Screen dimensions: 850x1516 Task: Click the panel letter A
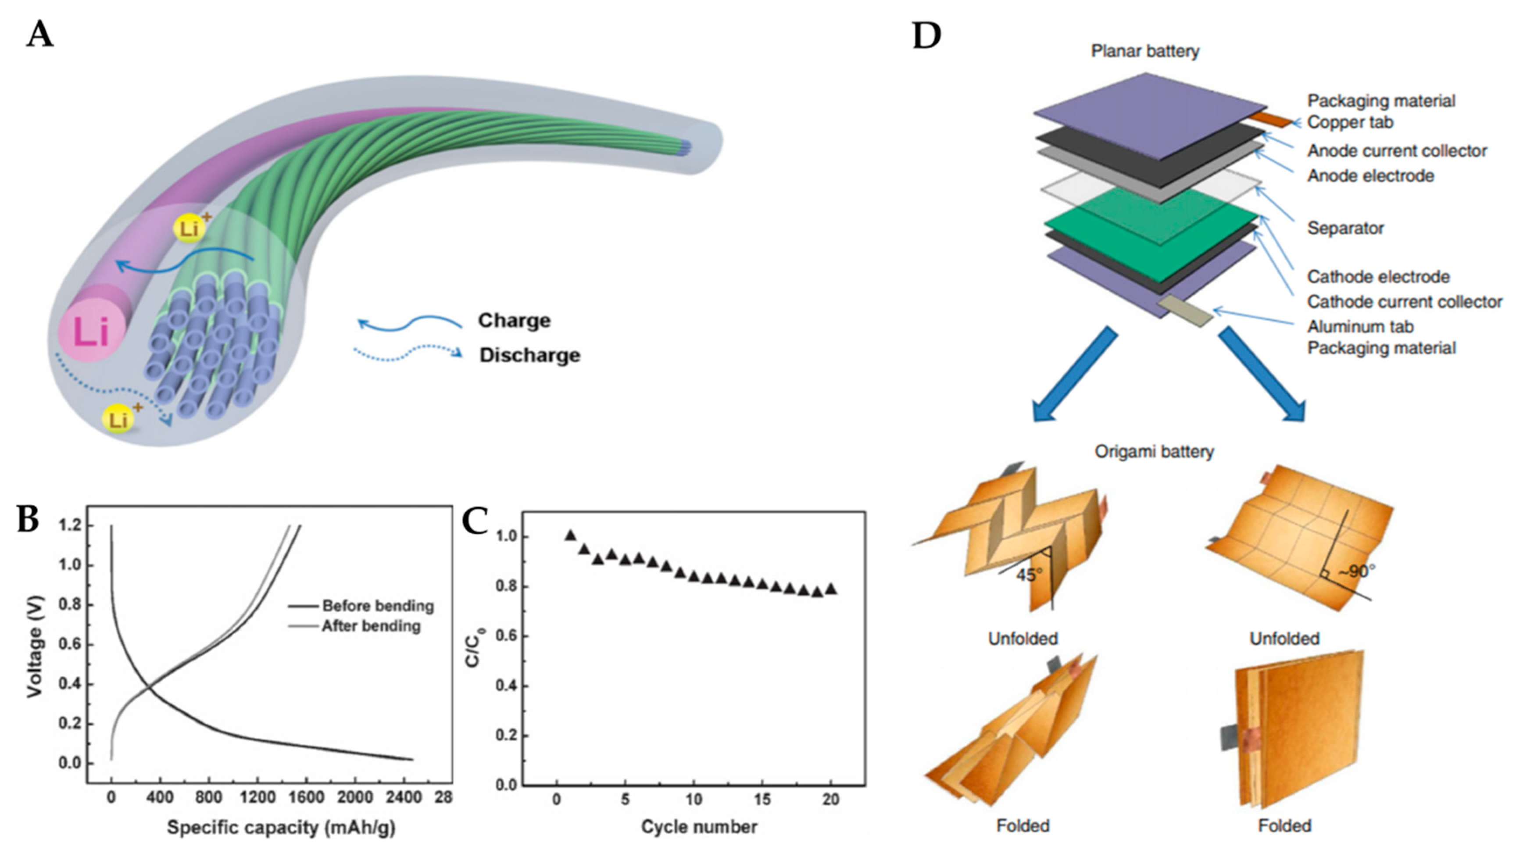40,35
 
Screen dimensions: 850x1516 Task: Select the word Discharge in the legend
529,355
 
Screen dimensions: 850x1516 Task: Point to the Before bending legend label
378,606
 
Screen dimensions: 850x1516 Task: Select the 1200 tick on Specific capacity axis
258,798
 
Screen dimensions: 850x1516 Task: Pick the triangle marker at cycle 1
570,535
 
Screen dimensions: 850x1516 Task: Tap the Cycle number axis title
699,827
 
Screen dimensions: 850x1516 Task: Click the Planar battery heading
1144,51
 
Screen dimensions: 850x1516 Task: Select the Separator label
1345,228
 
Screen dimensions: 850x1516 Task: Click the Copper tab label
1350,122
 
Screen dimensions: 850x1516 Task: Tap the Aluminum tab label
1359,326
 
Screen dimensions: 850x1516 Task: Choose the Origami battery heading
1154,452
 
